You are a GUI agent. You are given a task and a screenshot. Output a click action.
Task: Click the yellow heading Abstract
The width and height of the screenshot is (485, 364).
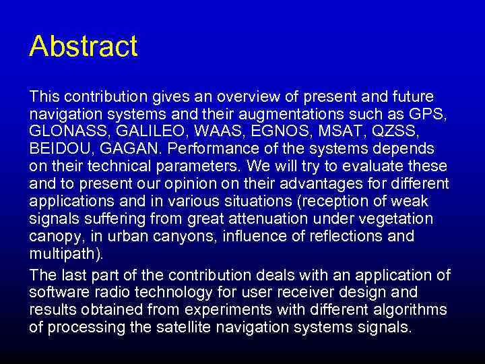(x=83, y=47)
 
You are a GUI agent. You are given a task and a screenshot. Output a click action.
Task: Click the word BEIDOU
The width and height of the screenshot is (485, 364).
(x=59, y=148)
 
